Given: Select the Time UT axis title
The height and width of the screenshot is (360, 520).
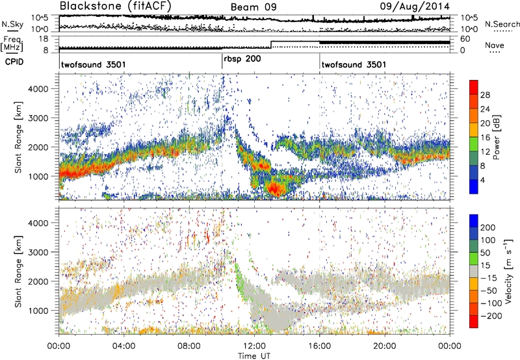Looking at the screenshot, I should (254, 355).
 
